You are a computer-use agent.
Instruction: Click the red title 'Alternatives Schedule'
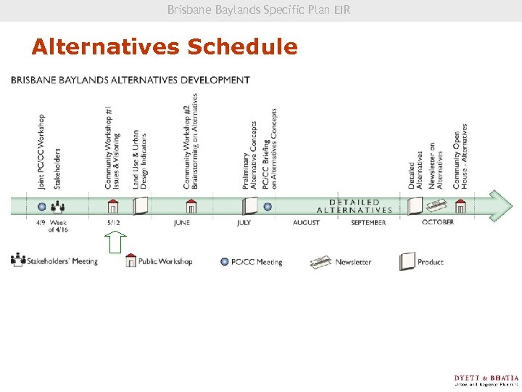tap(165, 47)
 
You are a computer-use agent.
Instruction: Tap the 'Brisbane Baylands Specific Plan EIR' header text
tap(259, 10)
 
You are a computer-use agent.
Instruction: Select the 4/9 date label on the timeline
tap(41, 222)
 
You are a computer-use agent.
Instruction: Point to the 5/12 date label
tap(113, 222)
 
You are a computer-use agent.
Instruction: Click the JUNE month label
tap(182, 222)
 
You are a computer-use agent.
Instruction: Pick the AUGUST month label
tap(306, 222)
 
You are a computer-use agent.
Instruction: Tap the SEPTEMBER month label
tap(368, 222)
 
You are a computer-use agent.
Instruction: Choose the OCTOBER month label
tap(438, 222)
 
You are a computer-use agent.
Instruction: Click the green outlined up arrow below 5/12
tap(116, 242)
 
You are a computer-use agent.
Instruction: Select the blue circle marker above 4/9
tap(42, 206)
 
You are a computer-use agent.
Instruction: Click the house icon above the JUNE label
tap(191, 206)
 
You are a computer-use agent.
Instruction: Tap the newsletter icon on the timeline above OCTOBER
tap(436, 205)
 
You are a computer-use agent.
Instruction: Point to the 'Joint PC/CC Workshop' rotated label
tap(41, 151)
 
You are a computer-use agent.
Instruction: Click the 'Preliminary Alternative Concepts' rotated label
tap(249, 155)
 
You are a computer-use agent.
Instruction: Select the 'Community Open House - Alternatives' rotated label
tap(460, 156)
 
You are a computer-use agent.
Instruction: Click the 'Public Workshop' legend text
tap(165, 261)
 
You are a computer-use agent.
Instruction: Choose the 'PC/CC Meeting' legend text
tap(257, 262)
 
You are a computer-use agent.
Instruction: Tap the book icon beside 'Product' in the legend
tap(407, 261)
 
